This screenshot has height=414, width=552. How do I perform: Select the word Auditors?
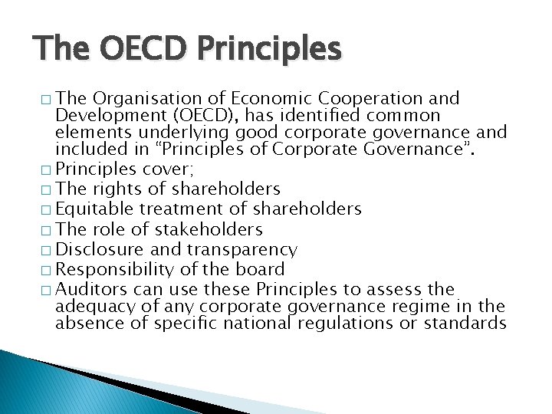[x=92, y=290]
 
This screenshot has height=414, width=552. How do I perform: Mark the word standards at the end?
[x=468, y=324]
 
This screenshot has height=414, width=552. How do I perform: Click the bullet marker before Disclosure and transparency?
[x=49, y=250]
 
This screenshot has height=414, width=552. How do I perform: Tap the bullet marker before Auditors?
[x=49, y=291]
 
